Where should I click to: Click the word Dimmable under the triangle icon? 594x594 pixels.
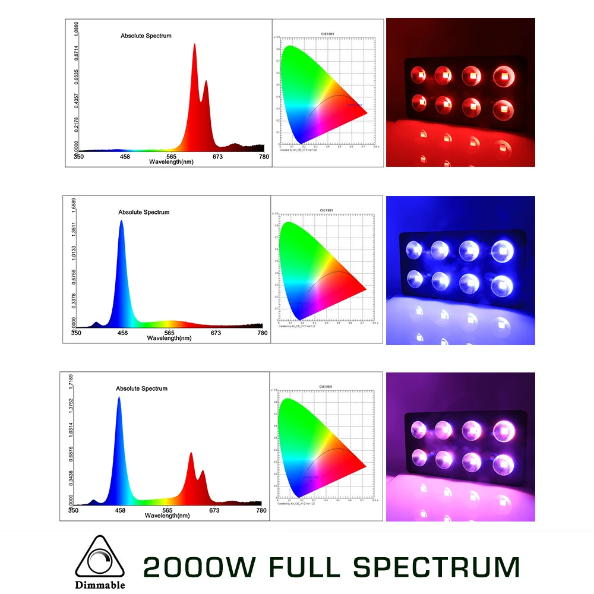100,584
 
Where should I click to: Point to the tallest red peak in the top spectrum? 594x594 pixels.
194,45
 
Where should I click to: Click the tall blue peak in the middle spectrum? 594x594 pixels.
122,222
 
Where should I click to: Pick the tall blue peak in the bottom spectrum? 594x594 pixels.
119,398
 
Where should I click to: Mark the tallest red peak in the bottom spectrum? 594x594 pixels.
191,454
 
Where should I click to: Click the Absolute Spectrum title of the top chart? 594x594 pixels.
146,36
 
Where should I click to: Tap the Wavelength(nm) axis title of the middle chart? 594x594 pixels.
168,338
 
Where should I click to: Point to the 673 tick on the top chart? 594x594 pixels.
217,157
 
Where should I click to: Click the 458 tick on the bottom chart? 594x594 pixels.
120,510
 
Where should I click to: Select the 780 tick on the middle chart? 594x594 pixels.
262,333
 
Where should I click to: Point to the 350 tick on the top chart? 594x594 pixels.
78,157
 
